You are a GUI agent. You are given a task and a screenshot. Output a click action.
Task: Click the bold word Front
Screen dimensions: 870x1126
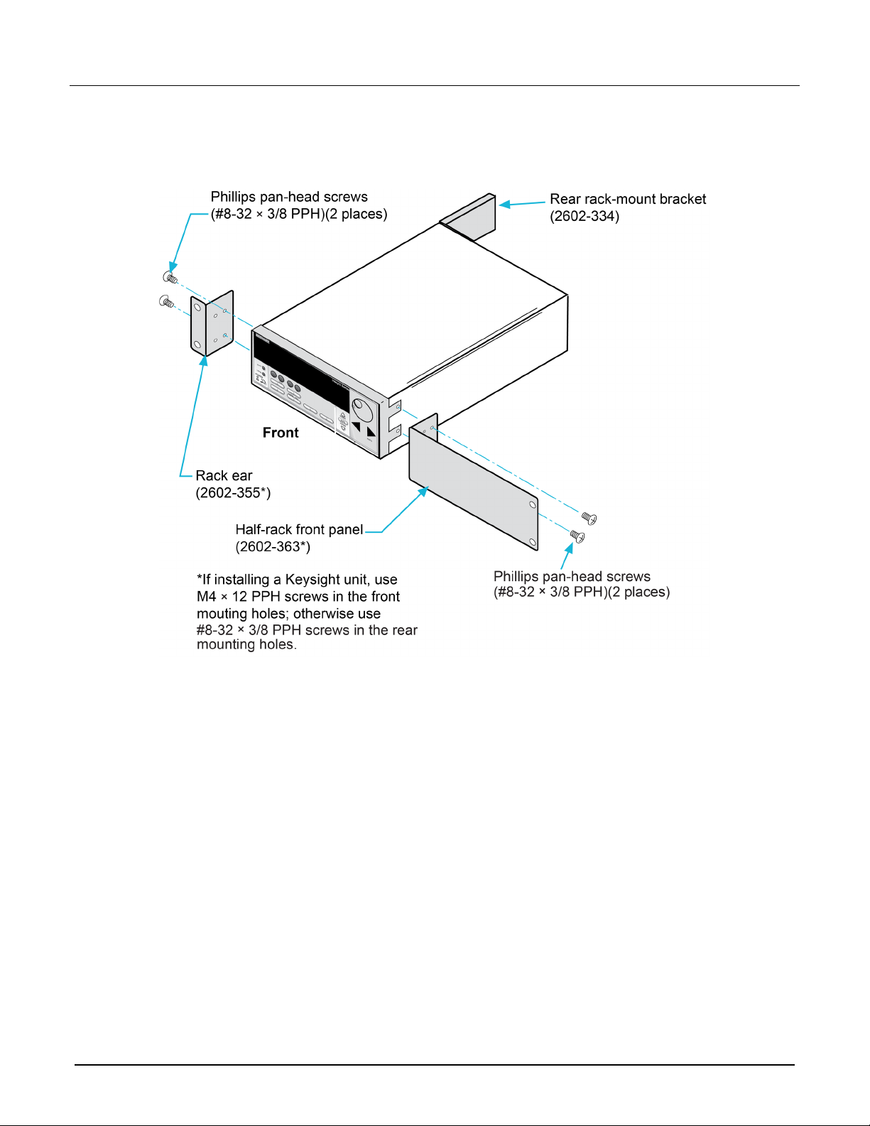[x=280, y=433]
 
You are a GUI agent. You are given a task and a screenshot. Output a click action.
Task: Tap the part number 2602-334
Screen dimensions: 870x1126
[x=584, y=217]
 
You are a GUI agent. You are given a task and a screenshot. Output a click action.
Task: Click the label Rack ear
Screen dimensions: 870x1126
[x=224, y=476]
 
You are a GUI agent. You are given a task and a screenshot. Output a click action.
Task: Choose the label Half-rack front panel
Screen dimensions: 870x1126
[x=299, y=529]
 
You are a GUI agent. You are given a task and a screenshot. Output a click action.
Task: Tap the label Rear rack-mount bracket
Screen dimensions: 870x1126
[x=628, y=199]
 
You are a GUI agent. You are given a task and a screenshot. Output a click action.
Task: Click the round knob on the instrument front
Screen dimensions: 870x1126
[x=362, y=411]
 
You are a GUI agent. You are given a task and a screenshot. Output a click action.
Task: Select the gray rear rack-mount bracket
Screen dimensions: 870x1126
[x=468, y=217]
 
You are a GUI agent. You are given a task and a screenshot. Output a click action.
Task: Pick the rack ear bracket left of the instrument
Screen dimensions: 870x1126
[x=212, y=324]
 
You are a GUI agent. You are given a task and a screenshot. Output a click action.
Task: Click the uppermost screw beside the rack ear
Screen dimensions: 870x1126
[x=170, y=278]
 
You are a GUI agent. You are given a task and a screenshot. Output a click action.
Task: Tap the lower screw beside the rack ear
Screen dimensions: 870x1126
[x=166, y=301]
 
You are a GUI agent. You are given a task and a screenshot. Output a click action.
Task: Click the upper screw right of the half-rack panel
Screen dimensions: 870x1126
[x=589, y=518]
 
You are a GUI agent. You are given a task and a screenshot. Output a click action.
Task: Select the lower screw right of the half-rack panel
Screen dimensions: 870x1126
[x=577, y=536]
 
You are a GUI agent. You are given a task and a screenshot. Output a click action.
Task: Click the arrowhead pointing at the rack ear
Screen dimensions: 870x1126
[x=204, y=361]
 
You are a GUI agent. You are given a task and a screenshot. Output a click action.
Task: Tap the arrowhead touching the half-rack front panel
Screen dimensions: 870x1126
[x=423, y=492]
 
